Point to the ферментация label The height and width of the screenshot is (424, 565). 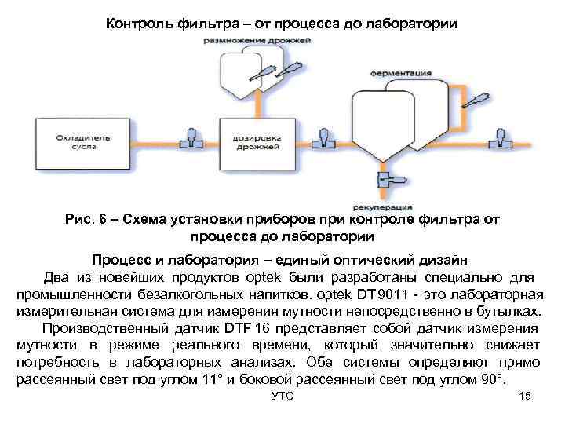(x=407, y=72)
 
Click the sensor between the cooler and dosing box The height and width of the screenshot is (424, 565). (x=190, y=137)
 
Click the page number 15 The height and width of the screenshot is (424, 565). (x=525, y=397)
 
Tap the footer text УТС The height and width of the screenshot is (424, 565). (x=281, y=397)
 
